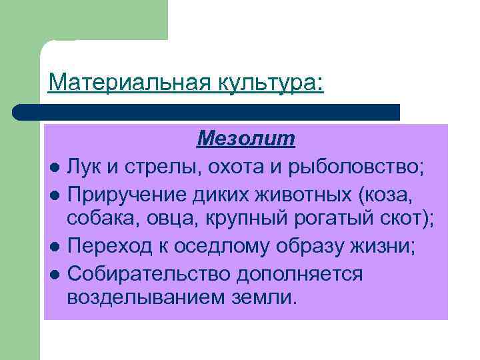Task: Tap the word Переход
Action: coord(109,247)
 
